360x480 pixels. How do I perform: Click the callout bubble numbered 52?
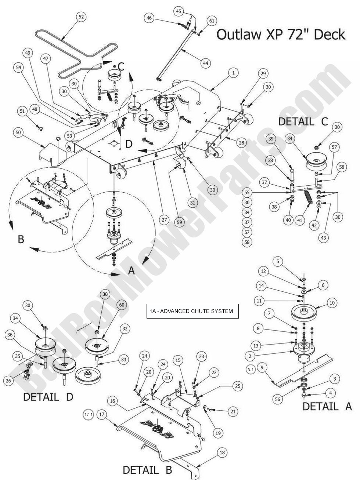(82, 17)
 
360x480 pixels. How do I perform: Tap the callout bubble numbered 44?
(206, 63)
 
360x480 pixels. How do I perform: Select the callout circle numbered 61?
(212, 21)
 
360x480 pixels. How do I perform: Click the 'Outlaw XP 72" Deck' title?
(281, 34)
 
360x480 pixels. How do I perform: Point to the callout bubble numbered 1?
(233, 73)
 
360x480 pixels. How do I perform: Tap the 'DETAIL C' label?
(303, 121)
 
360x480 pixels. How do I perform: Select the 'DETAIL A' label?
(327, 406)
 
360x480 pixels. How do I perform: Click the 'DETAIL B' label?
(147, 470)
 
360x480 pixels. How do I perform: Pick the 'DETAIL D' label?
(48, 397)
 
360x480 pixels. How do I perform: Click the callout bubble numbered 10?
(332, 303)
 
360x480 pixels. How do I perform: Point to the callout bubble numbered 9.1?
(251, 369)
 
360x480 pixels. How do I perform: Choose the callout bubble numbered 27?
(164, 220)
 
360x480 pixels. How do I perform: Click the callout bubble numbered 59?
(179, 222)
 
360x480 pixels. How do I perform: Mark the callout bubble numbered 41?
(300, 220)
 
